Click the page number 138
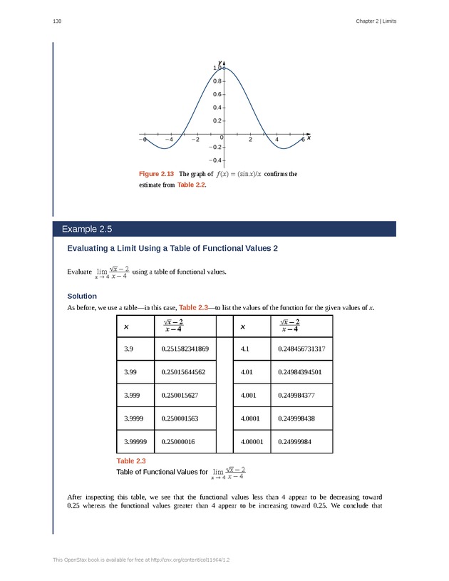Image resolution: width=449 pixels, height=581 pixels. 57,21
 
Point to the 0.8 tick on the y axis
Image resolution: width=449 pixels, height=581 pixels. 216,81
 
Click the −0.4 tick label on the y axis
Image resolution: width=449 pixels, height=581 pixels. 216,160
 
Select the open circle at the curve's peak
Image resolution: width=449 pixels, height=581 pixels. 224,68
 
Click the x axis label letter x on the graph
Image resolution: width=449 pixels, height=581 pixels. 309,138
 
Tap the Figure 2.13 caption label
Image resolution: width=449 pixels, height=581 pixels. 156,174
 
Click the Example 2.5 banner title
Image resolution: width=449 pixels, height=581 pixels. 87,229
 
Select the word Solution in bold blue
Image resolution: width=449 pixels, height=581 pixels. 82,295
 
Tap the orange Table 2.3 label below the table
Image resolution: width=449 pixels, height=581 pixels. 131,462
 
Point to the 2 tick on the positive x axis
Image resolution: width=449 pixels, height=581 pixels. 250,140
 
